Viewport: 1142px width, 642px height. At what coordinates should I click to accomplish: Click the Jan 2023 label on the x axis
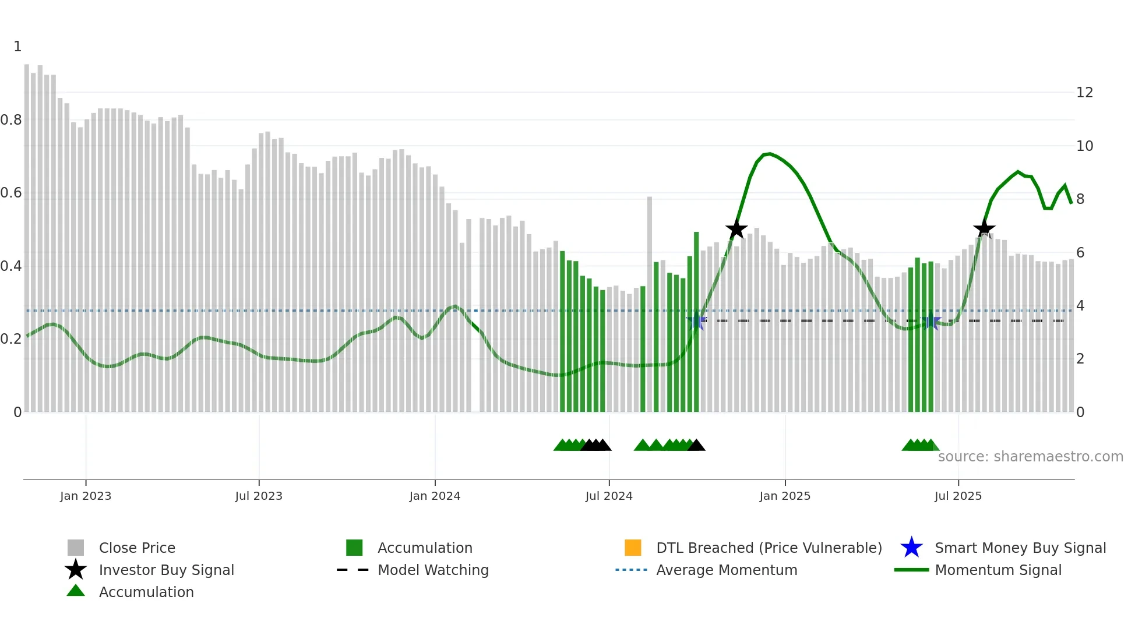[x=86, y=496]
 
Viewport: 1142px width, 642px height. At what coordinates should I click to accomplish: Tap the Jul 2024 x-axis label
[x=609, y=496]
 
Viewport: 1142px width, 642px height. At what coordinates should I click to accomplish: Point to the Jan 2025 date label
[x=785, y=496]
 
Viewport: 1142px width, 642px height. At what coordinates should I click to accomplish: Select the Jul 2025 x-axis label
[x=958, y=496]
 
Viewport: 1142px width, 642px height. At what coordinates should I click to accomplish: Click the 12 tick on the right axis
[x=1084, y=93]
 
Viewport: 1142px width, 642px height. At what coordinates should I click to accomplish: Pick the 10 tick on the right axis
[x=1084, y=146]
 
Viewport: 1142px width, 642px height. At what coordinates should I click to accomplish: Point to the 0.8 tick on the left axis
[x=11, y=120]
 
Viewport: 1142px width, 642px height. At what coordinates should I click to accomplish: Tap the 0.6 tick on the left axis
[x=11, y=193]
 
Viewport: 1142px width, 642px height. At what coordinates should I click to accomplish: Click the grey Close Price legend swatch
[x=76, y=548]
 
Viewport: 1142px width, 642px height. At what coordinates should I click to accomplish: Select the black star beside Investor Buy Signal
[x=76, y=570]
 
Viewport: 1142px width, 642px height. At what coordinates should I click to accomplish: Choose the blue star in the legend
[x=911, y=548]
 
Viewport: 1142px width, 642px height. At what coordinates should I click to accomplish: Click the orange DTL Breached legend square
[x=633, y=548]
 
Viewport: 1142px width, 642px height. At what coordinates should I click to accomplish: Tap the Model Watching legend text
[x=433, y=570]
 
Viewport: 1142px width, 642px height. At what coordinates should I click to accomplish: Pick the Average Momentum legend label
[x=727, y=570]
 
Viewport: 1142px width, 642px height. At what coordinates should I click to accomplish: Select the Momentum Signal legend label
[x=998, y=570]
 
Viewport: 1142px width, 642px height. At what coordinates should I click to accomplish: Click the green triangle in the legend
[x=76, y=591]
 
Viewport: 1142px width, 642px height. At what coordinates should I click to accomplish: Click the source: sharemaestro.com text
[x=1030, y=457]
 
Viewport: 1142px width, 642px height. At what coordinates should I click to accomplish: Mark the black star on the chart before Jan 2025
[x=736, y=229]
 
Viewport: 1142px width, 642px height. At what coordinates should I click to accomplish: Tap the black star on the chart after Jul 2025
[x=984, y=228]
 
